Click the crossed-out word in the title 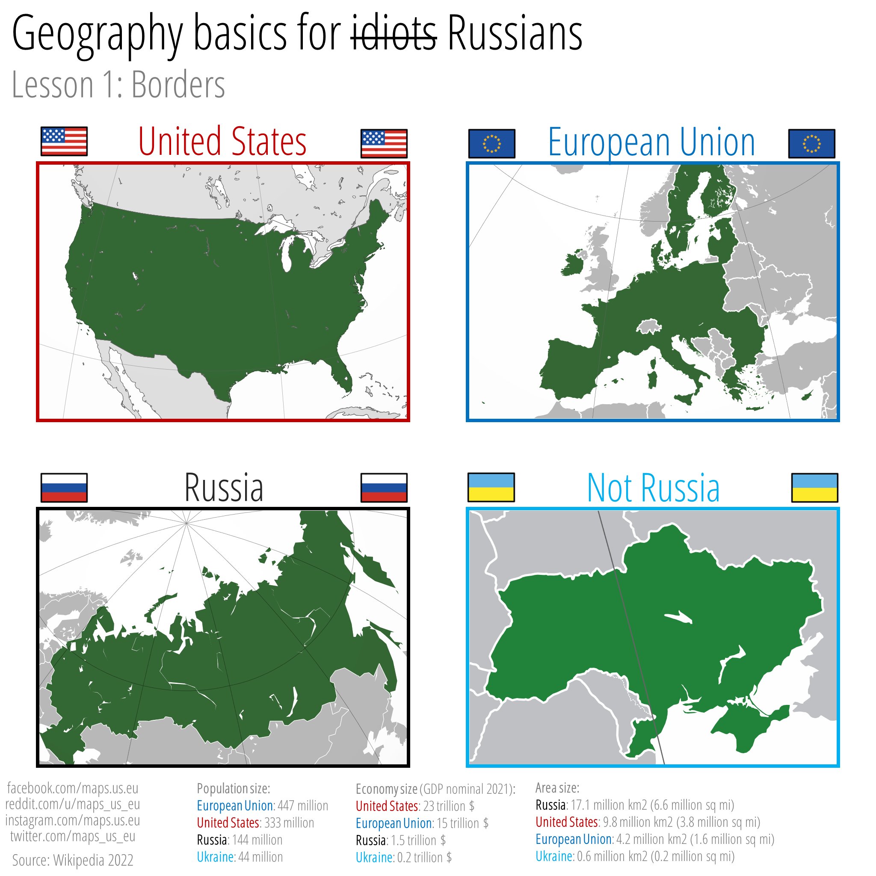click(394, 35)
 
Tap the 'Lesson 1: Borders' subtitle click(118, 85)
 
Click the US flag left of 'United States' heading click(64, 142)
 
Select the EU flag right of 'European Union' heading click(811, 143)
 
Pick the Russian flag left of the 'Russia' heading click(64, 488)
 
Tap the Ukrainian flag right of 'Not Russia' click(814, 488)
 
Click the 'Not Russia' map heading click(653, 488)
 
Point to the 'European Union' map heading click(651, 142)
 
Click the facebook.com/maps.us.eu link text click(73, 787)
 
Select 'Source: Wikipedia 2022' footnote click(73, 860)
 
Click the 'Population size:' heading click(233, 788)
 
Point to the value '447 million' click(302, 805)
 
